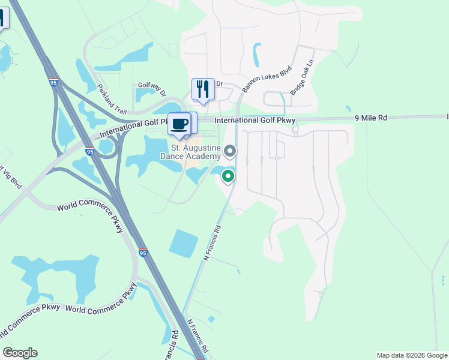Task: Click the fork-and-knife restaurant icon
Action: (x=203, y=89)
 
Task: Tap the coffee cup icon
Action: (x=179, y=124)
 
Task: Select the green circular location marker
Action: (x=228, y=176)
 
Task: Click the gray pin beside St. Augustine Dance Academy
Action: (x=230, y=150)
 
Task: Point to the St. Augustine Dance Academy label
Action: (x=196, y=152)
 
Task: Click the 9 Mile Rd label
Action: (x=370, y=118)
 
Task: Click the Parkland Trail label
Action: (x=112, y=98)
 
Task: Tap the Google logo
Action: (x=20, y=353)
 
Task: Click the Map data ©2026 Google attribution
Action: (x=412, y=355)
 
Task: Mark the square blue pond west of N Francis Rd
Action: (x=184, y=244)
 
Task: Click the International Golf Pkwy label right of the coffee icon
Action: (x=255, y=121)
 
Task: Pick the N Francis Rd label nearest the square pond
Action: (x=213, y=242)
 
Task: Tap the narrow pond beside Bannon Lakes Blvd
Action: (x=257, y=54)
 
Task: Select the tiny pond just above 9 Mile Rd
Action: (x=348, y=109)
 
